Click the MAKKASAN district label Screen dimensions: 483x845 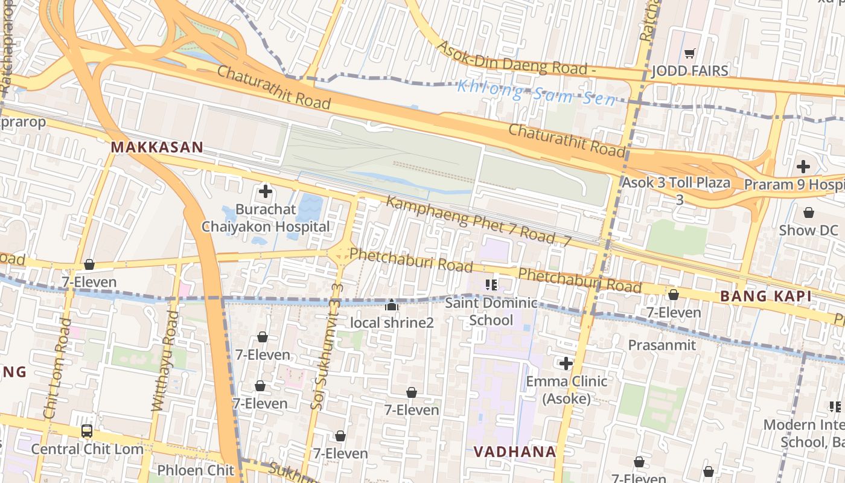tap(156, 147)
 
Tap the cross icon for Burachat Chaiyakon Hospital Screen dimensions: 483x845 tap(265, 192)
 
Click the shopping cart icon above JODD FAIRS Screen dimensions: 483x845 tap(690, 53)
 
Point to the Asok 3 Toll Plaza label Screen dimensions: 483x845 tap(676, 182)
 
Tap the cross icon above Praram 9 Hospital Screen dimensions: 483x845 tap(803, 166)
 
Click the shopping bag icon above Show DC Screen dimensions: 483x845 tap(808, 213)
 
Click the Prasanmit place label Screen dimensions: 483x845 tap(662, 345)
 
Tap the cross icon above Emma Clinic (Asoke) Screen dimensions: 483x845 tap(566, 363)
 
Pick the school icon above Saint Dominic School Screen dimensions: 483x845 tap(491, 284)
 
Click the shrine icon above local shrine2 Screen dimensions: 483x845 tap(392, 305)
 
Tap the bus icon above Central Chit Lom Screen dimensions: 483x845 tap(87, 431)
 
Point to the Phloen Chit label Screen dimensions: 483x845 tap(195, 470)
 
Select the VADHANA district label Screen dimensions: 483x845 tap(514, 452)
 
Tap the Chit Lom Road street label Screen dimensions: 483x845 tap(57, 368)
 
